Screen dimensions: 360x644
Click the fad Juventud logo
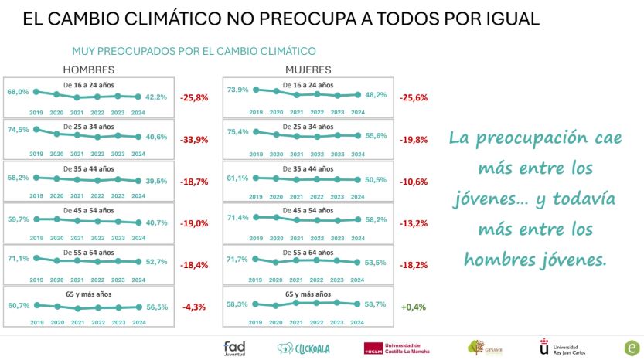(234, 348)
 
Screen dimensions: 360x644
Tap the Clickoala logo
(303, 348)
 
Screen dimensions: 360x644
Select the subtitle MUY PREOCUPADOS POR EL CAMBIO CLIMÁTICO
(194, 52)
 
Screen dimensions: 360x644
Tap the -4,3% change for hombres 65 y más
(194, 307)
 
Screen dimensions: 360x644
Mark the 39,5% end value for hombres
(157, 182)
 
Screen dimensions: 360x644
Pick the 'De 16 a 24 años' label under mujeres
(308, 84)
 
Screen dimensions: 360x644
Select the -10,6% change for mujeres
(414, 182)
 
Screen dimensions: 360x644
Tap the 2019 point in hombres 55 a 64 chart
(37, 258)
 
